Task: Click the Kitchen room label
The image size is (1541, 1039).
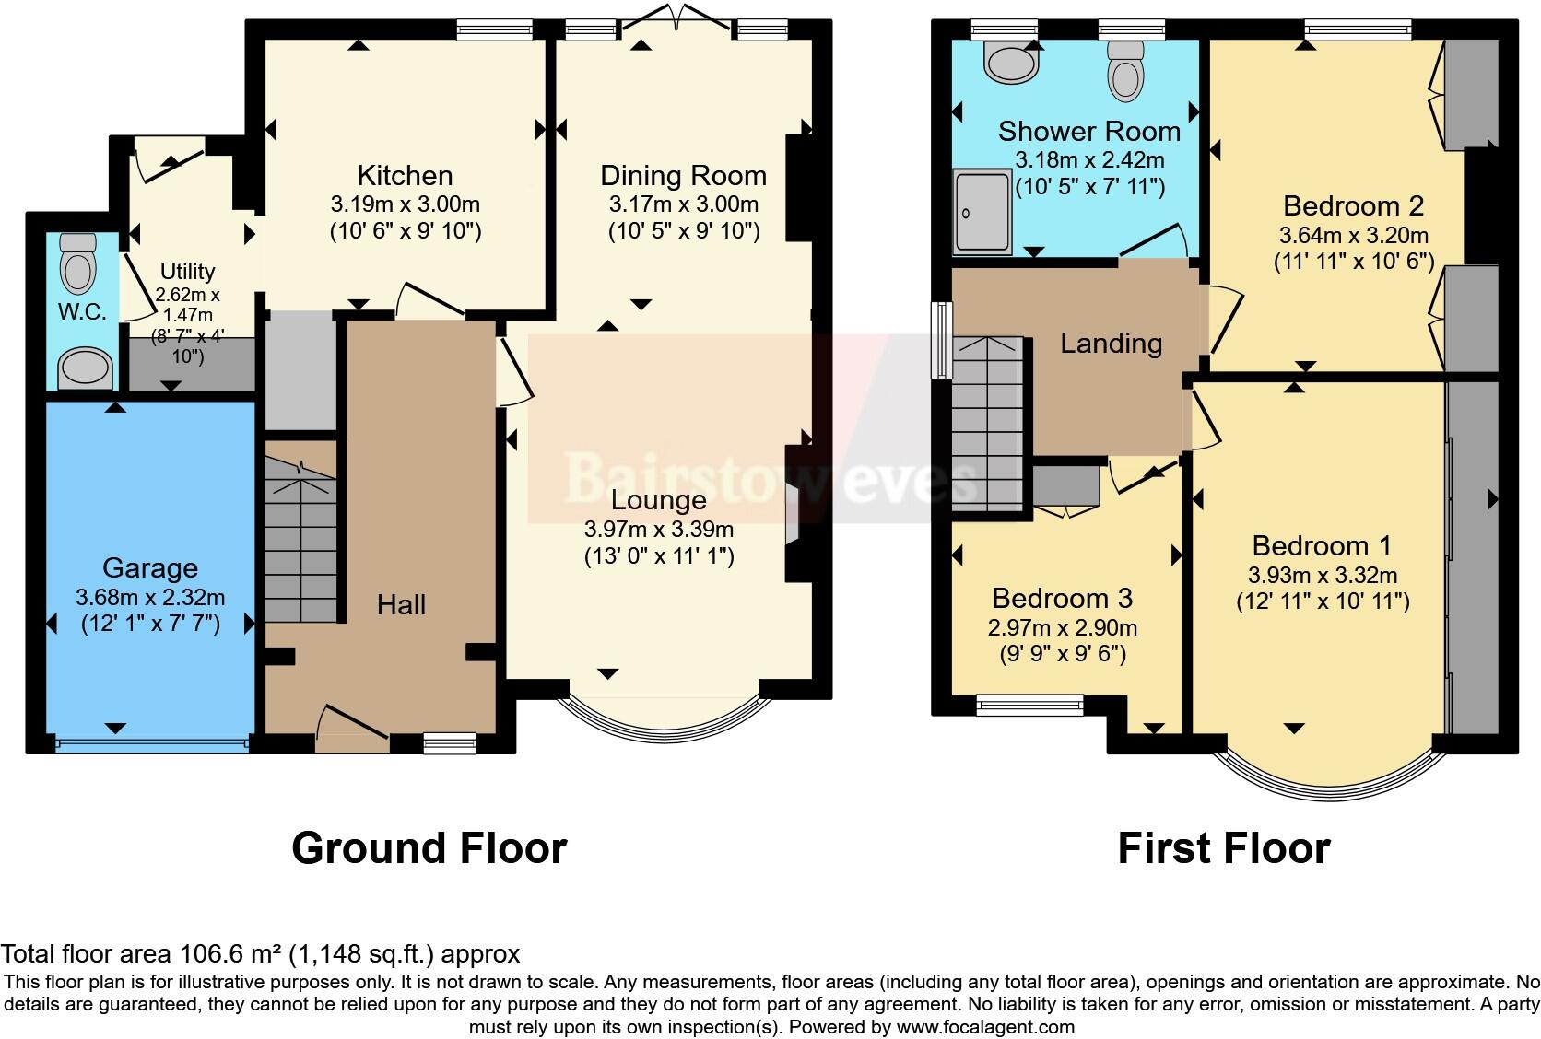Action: click(405, 175)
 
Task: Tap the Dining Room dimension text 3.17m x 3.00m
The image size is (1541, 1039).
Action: click(683, 204)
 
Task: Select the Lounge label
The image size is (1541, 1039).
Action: click(658, 500)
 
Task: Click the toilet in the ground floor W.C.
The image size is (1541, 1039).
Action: click(78, 263)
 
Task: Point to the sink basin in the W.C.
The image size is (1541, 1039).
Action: click(85, 368)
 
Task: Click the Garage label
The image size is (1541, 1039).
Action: click(149, 567)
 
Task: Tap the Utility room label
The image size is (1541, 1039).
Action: click(187, 271)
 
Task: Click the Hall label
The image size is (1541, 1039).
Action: click(401, 605)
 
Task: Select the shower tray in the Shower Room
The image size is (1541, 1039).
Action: click(982, 211)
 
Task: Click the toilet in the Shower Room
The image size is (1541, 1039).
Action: click(1125, 68)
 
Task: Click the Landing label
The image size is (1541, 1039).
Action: click(1111, 344)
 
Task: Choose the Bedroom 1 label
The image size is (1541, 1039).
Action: click(1322, 545)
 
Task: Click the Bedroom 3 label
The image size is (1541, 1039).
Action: click(1062, 598)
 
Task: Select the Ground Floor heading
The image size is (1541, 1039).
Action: click(429, 847)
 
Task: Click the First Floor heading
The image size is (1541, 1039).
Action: click(1223, 847)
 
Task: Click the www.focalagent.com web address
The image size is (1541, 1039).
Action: click(984, 1026)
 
